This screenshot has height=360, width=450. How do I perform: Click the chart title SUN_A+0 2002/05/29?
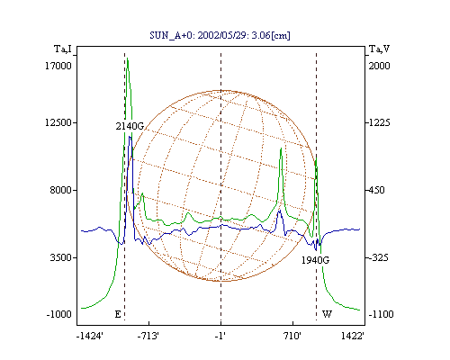point(220,35)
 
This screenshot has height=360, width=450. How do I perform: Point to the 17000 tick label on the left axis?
point(58,66)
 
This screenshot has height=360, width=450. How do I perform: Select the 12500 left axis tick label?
point(58,122)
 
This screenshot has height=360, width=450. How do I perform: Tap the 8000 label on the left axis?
point(61,190)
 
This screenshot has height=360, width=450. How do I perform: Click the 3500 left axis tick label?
point(61,257)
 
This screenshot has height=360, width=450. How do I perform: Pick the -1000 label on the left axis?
point(59,314)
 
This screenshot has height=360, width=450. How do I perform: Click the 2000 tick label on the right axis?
point(379,66)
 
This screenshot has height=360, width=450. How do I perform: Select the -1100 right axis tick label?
point(381,314)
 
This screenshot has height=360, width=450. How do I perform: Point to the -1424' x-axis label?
point(90,337)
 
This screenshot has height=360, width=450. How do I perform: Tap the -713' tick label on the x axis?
point(148,337)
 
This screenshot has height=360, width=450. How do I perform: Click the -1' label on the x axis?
point(220,337)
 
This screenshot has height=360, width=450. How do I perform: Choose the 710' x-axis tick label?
point(292,337)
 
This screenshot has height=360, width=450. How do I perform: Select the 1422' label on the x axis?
point(353,337)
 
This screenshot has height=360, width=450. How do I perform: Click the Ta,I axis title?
point(63,49)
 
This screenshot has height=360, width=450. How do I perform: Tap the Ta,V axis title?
point(380,49)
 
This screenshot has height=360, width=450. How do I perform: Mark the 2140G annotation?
point(130,126)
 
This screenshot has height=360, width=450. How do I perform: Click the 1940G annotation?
point(315,260)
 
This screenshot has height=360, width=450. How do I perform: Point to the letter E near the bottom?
point(118,314)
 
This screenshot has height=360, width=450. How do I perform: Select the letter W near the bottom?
point(327,314)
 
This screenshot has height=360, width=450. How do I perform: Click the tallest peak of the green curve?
point(128,58)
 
